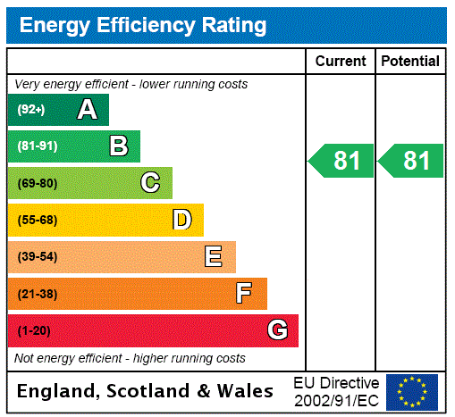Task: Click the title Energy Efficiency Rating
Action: (143, 26)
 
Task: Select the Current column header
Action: (341, 62)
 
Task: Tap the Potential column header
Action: (410, 62)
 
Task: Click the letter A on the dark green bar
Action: (87, 110)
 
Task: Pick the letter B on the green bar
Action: (118, 146)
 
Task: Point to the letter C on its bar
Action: (150, 183)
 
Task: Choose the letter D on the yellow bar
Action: (181, 220)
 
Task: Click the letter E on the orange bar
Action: (213, 257)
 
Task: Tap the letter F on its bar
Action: (244, 294)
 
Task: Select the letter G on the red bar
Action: (277, 330)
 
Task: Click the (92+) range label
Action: (31, 110)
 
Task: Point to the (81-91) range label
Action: (37, 146)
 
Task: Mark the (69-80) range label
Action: (37, 183)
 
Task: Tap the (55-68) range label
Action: (37, 220)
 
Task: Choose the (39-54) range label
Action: (37, 257)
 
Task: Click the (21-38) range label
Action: (37, 294)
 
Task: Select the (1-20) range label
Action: (33, 330)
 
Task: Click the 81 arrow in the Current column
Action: (342, 162)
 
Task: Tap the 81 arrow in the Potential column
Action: (412, 162)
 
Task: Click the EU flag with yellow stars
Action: (412, 392)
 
